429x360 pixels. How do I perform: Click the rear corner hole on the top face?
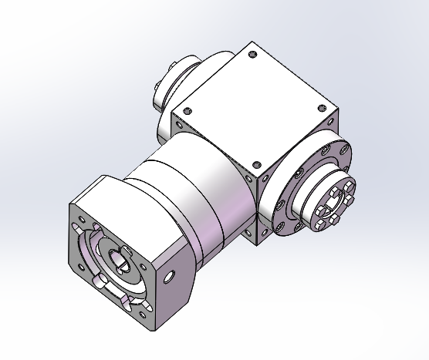pyautogui.click(x=252, y=54)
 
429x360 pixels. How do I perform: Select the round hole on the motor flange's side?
pyautogui.click(x=171, y=272)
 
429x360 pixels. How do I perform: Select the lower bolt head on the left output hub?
pyautogui.click(x=158, y=100)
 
